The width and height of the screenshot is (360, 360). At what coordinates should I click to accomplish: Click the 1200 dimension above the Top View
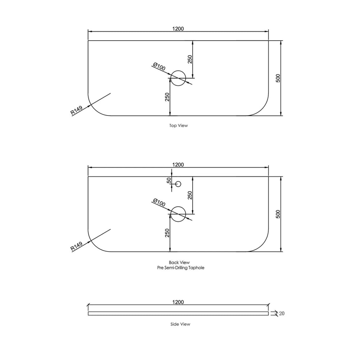pyautogui.click(x=178, y=29)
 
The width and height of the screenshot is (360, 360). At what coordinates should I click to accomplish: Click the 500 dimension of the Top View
pyautogui.click(x=278, y=78)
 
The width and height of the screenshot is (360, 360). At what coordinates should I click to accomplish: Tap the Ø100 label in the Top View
pyautogui.click(x=159, y=66)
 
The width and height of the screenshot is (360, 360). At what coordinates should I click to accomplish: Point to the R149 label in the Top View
pyautogui.click(x=76, y=110)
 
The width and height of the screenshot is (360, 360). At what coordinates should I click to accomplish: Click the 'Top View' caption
pyautogui.click(x=179, y=126)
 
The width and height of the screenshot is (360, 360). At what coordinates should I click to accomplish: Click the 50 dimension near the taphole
pyautogui.click(x=169, y=180)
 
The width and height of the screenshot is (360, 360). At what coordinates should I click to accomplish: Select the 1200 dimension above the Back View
pyautogui.click(x=178, y=165)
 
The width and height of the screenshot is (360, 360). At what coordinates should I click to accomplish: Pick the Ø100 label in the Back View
pyautogui.click(x=159, y=202)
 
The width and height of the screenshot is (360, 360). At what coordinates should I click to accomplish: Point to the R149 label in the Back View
pyautogui.click(x=76, y=246)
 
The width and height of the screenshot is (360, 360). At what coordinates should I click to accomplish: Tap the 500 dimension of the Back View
pyautogui.click(x=278, y=214)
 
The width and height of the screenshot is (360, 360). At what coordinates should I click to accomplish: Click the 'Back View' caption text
pyautogui.click(x=179, y=262)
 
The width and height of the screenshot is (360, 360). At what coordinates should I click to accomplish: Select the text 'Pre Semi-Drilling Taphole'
pyautogui.click(x=181, y=268)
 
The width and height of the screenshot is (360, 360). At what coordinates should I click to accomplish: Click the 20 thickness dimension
pyautogui.click(x=282, y=314)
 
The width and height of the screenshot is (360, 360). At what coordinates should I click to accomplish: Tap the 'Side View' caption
pyautogui.click(x=180, y=324)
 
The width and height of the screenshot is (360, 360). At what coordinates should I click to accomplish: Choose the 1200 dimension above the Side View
pyautogui.click(x=178, y=302)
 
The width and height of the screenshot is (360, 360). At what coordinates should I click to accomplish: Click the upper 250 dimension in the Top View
pyautogui.click(x=190, y=59)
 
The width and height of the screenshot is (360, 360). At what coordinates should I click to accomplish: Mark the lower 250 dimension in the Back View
pyautogui.click(x=167, y=233)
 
